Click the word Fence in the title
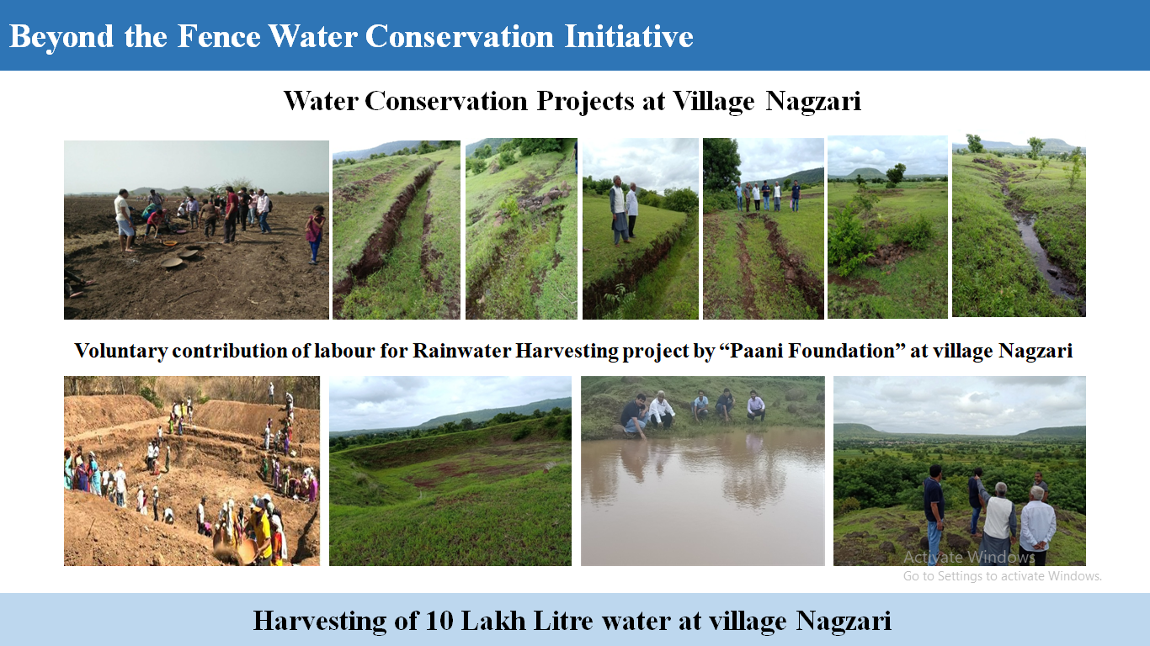(219, 36)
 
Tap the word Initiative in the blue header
(629, 36)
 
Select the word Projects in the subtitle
(585, 101)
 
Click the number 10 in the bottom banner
(439, 620)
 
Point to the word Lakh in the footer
(493, 620)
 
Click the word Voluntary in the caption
(121, 352)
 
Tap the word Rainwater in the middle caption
(462, 351)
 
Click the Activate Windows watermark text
(969, 557)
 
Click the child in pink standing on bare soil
(315, 235)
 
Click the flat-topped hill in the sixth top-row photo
(865, 173)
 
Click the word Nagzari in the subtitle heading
(813, 101)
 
